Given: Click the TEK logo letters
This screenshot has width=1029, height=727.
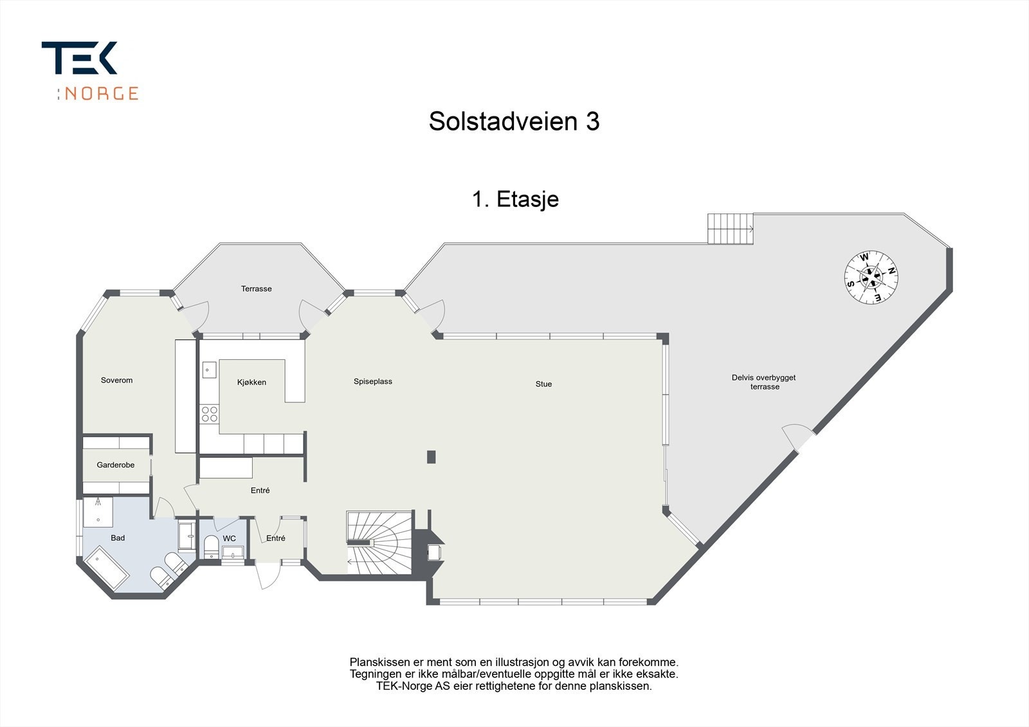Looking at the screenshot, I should point(80,58).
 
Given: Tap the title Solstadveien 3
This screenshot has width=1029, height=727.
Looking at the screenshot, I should point(514,121).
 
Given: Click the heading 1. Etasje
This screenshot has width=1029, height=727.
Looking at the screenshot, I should point(515,199).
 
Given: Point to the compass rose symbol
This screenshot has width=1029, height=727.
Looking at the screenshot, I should point(871,277).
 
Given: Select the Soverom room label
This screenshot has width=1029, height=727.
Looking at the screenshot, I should point(116,381).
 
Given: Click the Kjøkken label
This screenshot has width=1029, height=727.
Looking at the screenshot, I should point(251,382).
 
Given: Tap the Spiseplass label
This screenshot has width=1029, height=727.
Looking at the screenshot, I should point(372,382).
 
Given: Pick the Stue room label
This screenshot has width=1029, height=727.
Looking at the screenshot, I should point(543,384).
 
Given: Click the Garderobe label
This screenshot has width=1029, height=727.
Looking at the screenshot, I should point(116,465).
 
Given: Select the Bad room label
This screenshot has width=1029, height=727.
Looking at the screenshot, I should point(118,538).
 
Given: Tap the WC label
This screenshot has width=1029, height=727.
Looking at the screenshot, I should point(230,539).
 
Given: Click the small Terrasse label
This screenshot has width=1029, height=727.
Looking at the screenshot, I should point(256,289).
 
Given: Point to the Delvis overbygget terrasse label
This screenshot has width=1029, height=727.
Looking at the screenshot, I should point(764,382).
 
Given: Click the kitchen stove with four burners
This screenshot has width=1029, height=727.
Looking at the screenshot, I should point(210,413).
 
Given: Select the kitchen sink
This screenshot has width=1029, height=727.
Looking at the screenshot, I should point(209,370).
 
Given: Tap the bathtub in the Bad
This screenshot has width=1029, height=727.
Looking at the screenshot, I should point(107,567).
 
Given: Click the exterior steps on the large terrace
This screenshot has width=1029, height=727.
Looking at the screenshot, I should point(731,229).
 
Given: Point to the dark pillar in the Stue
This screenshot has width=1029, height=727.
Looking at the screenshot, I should point(431,457).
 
